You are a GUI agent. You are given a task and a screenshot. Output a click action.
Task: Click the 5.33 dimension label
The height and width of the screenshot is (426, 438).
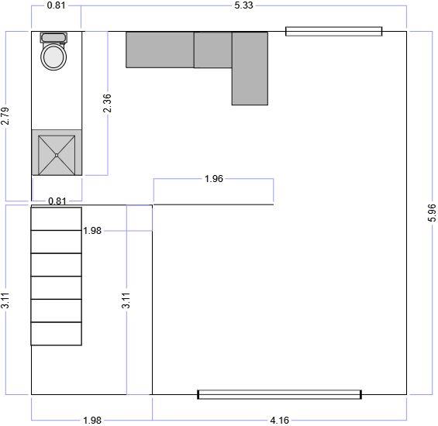[243, 5]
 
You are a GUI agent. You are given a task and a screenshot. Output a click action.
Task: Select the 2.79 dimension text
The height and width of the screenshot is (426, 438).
[5, 115]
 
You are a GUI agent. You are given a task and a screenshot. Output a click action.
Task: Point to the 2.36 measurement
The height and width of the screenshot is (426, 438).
[107, 104]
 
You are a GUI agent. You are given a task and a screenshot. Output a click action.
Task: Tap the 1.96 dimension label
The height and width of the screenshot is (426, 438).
[213, 179]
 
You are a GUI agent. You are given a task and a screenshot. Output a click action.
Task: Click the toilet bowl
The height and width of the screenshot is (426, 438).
[54, 57]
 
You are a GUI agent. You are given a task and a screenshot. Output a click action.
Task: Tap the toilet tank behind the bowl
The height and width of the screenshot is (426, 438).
[54, 37]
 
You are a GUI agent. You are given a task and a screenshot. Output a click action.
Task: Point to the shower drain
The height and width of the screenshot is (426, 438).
[57, 155]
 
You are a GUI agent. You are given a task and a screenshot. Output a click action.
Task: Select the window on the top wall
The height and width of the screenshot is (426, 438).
[333, 31]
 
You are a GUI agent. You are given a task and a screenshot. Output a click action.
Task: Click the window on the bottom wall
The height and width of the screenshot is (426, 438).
[279, 394]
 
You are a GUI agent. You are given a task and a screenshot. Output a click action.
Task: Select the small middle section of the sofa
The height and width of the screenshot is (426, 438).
[212, 50]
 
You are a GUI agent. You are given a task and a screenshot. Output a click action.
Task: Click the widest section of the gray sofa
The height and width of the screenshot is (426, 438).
[160, 50]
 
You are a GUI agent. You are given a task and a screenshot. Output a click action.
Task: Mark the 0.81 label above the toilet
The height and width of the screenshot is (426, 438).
[56, 5]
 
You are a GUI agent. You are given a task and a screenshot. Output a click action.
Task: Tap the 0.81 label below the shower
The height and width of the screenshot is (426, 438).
[57, 201]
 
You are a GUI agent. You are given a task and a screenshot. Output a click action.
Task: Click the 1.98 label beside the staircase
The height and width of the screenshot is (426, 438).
[91, 231]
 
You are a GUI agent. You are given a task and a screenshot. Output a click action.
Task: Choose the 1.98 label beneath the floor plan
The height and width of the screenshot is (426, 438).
[91, 421]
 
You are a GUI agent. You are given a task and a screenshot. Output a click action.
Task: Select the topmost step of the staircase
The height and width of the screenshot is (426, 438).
[56, 218]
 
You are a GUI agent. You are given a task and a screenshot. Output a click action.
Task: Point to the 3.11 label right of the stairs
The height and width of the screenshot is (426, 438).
[126, 301]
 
